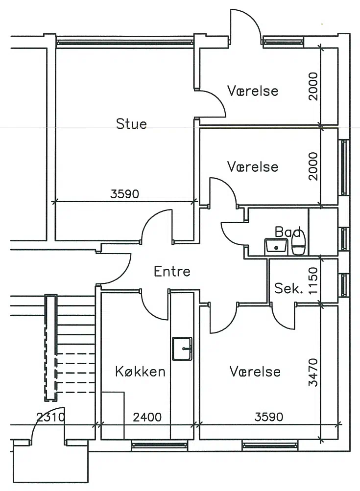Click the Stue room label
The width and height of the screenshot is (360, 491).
coord(131,124)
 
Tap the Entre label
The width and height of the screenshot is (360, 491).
coord(172,271)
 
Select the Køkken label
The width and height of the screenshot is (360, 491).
coord(140,372)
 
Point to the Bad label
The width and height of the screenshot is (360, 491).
coord(288,232)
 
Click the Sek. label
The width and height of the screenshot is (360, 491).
coord(288,288)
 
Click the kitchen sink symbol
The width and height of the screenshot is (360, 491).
coord(182,349)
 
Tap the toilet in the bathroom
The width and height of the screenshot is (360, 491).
coord(299,244)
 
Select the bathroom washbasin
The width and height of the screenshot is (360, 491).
coord(276,247)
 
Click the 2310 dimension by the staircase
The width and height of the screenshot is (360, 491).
coord(51,417)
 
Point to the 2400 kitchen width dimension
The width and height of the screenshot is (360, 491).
coord(147,417)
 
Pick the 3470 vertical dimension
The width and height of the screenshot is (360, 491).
coord(312,373)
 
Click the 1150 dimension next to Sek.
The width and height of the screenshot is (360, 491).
coord(312,281)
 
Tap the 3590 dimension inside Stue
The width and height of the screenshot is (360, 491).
coord(124,194)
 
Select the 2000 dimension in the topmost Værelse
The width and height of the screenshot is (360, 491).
coord(312,86)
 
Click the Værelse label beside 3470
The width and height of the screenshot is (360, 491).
coord(255,372)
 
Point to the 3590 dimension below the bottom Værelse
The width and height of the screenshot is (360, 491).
coord(269,417)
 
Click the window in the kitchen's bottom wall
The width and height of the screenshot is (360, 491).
coord(160,445)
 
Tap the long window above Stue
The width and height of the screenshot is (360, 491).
coord(124,42)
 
